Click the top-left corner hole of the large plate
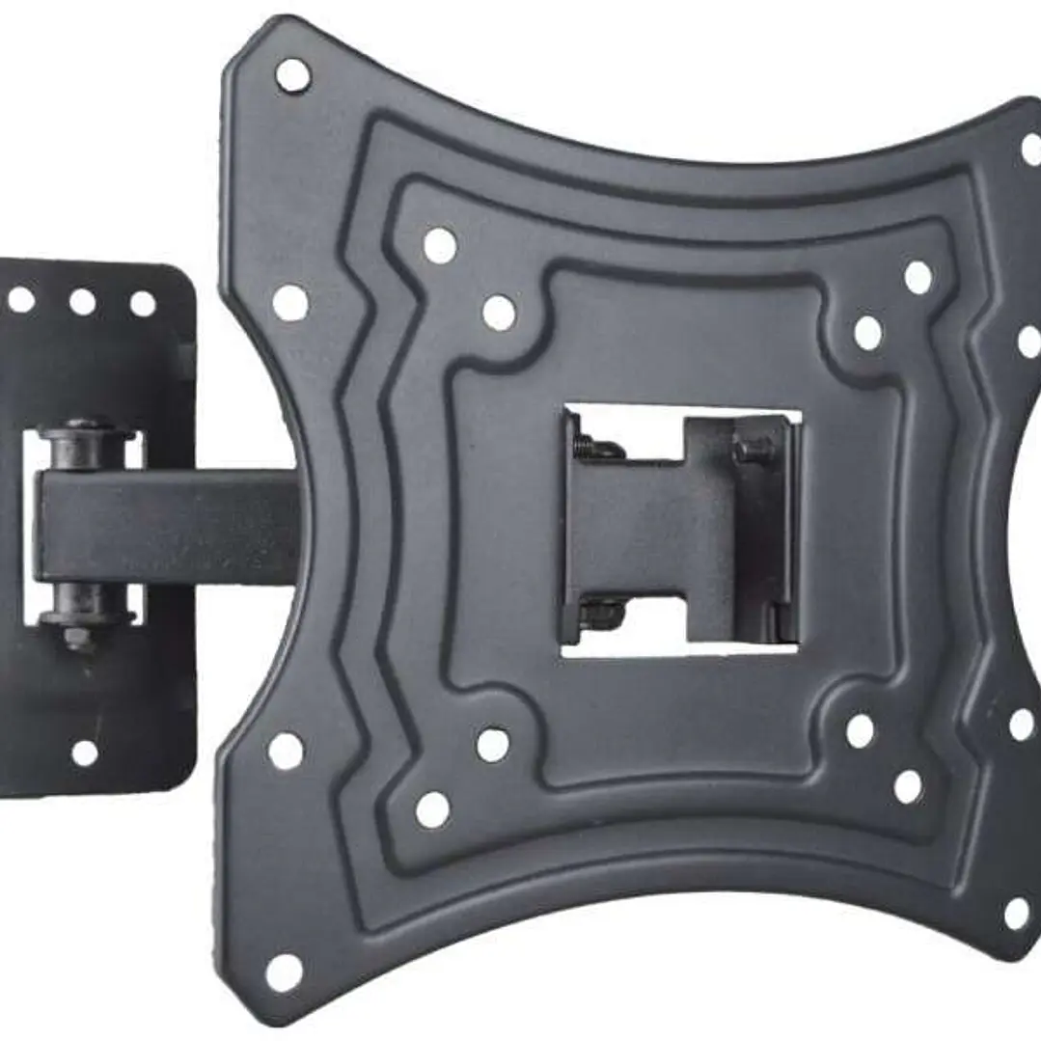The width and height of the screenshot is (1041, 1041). coord(292,74)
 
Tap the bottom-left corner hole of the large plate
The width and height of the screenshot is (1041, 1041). coord(284,973)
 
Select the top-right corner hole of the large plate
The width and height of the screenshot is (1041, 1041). coord(1031,149)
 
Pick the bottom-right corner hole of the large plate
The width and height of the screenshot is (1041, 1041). coord(1017,913)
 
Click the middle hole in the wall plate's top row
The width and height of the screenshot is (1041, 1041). coord(82,302)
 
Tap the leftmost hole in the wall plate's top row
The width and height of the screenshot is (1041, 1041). coord(21,300)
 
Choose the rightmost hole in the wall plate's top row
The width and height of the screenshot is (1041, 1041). coord(143,304)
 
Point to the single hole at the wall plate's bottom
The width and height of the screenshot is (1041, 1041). coord(85,753)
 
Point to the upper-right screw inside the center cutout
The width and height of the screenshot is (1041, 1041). coord(753,448)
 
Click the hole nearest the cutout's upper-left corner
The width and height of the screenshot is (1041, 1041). coord(499,313)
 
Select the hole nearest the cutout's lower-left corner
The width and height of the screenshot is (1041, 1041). coord(493,744)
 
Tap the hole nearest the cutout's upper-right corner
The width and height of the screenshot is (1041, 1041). coord(867,332)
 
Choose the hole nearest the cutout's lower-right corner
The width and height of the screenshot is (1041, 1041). coord(860,730)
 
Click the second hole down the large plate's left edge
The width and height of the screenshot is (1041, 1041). coord(290,303)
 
